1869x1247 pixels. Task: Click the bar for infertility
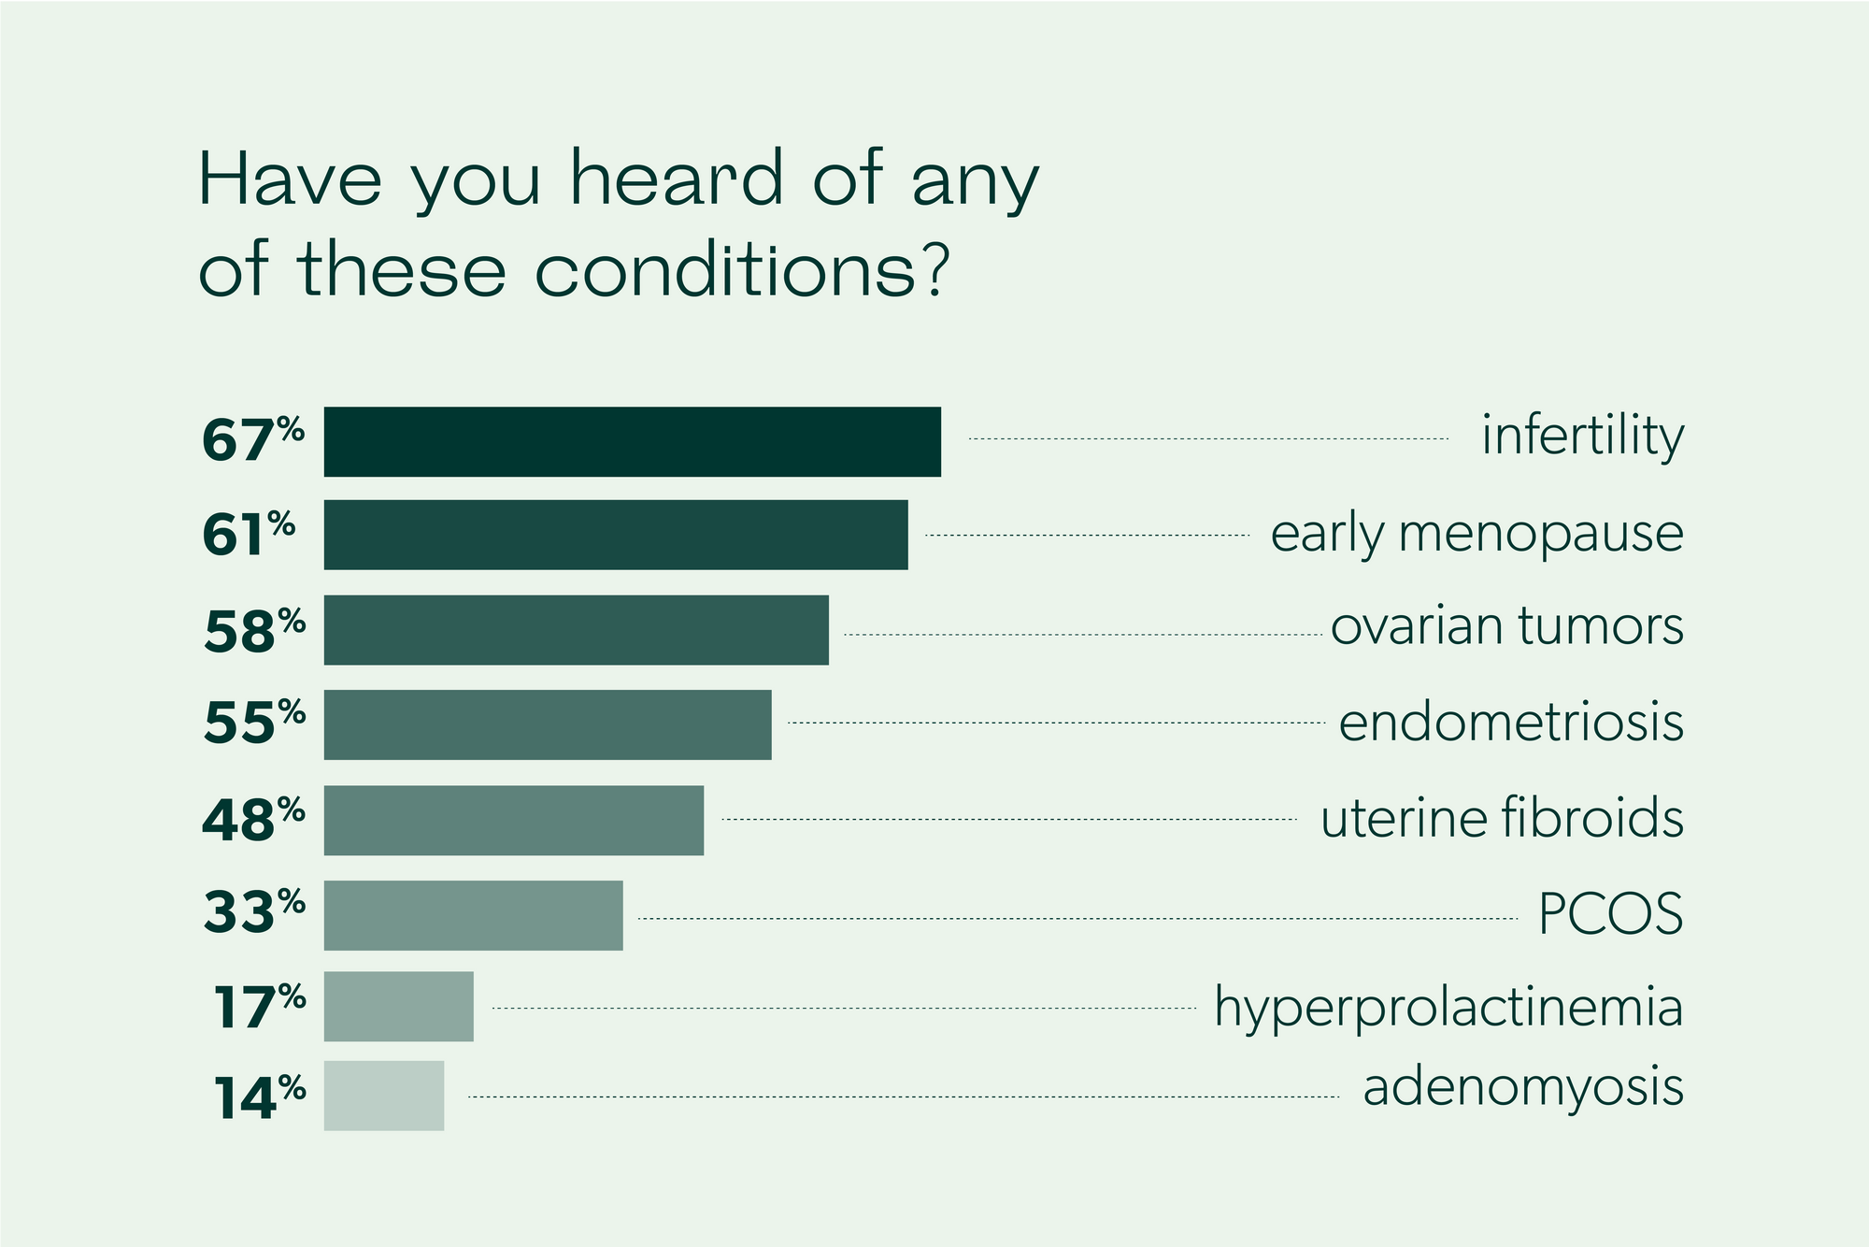[633, 441]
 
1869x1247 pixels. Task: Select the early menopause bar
[616, 535]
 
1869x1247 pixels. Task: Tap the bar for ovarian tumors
[577, 630]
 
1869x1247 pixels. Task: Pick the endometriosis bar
[548, 724]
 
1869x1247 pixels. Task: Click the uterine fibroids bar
[514, 820]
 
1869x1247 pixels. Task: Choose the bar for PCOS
[474, 915]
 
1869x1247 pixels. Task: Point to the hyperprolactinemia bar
[399, 1007]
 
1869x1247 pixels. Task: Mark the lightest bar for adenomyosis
[384, 1096]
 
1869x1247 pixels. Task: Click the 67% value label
[253, 439]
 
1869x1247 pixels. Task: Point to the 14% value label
[259, 1096]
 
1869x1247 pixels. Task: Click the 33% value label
[254, 911]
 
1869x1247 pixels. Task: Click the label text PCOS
[1611, 914]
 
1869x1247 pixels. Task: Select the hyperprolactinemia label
[1448, 1009]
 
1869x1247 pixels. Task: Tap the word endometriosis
[1511, 723]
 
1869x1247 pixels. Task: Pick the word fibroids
[1592, 818]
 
